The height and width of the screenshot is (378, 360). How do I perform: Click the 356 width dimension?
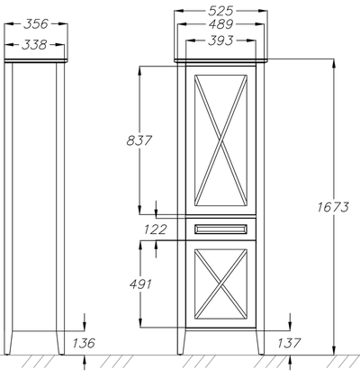(36, 24)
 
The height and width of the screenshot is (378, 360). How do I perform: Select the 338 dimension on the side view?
(34, 45)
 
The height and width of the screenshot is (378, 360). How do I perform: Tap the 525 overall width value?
(220, 11)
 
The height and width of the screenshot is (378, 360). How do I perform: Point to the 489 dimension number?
(220, 24)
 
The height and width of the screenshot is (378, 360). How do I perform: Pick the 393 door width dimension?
(220, 40)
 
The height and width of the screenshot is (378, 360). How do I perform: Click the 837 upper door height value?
(139, 140)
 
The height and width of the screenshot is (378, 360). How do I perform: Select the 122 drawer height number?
(155, 229)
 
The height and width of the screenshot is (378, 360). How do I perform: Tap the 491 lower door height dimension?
(140, 283)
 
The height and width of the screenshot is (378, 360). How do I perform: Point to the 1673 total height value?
(333, 207)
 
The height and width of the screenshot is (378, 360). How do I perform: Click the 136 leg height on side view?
(84, 343)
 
